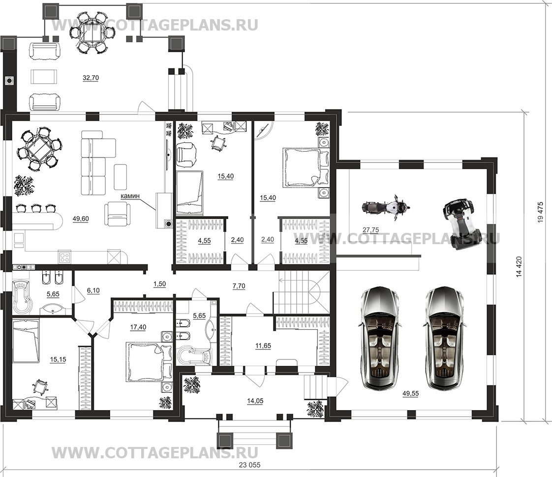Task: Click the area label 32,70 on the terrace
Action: point(91,78)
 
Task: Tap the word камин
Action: point(130,196)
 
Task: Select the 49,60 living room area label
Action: point(81,219)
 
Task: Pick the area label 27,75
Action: point(370,230)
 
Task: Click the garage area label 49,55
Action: point(410,393)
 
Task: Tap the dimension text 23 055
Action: point(249,465)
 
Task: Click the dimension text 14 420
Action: point(520,267)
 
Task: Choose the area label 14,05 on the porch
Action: point(255,401)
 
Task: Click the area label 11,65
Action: point(263,346)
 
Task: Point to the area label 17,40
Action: point(138,327)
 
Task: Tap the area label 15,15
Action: point(58,360)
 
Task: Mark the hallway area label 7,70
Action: point(239,286)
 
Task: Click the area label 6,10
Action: point(93,290)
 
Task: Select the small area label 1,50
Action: point(159,284)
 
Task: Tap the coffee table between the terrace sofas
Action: point(44,76)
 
